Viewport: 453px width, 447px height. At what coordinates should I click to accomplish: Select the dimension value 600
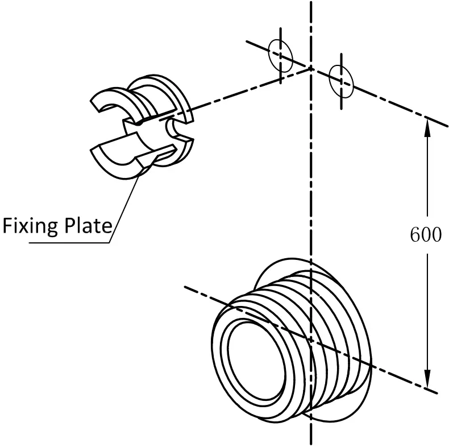[425, 235]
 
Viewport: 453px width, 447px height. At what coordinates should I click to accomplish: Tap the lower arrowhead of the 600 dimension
[427, 379]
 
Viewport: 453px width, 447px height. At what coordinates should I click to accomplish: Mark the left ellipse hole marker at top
[281, 53]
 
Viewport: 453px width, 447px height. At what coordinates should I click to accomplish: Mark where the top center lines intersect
[311, 68]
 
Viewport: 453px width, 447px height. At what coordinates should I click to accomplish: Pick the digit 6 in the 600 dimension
[415, 235]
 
